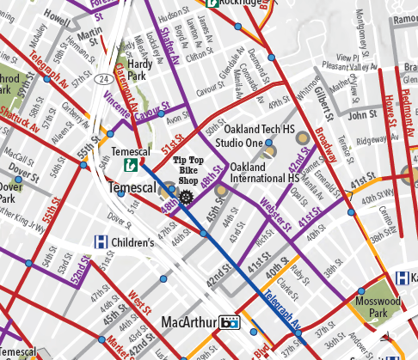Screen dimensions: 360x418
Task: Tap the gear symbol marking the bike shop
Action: (x=185, y=197)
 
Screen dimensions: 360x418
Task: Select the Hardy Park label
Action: (x=139, y=70)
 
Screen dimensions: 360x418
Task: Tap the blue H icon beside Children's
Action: (x=100, y=242)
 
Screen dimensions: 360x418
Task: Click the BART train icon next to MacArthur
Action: (x=229, y=323)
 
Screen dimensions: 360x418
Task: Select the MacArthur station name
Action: (x=187, y=323)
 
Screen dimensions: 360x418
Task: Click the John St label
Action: (x=363, y=113)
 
